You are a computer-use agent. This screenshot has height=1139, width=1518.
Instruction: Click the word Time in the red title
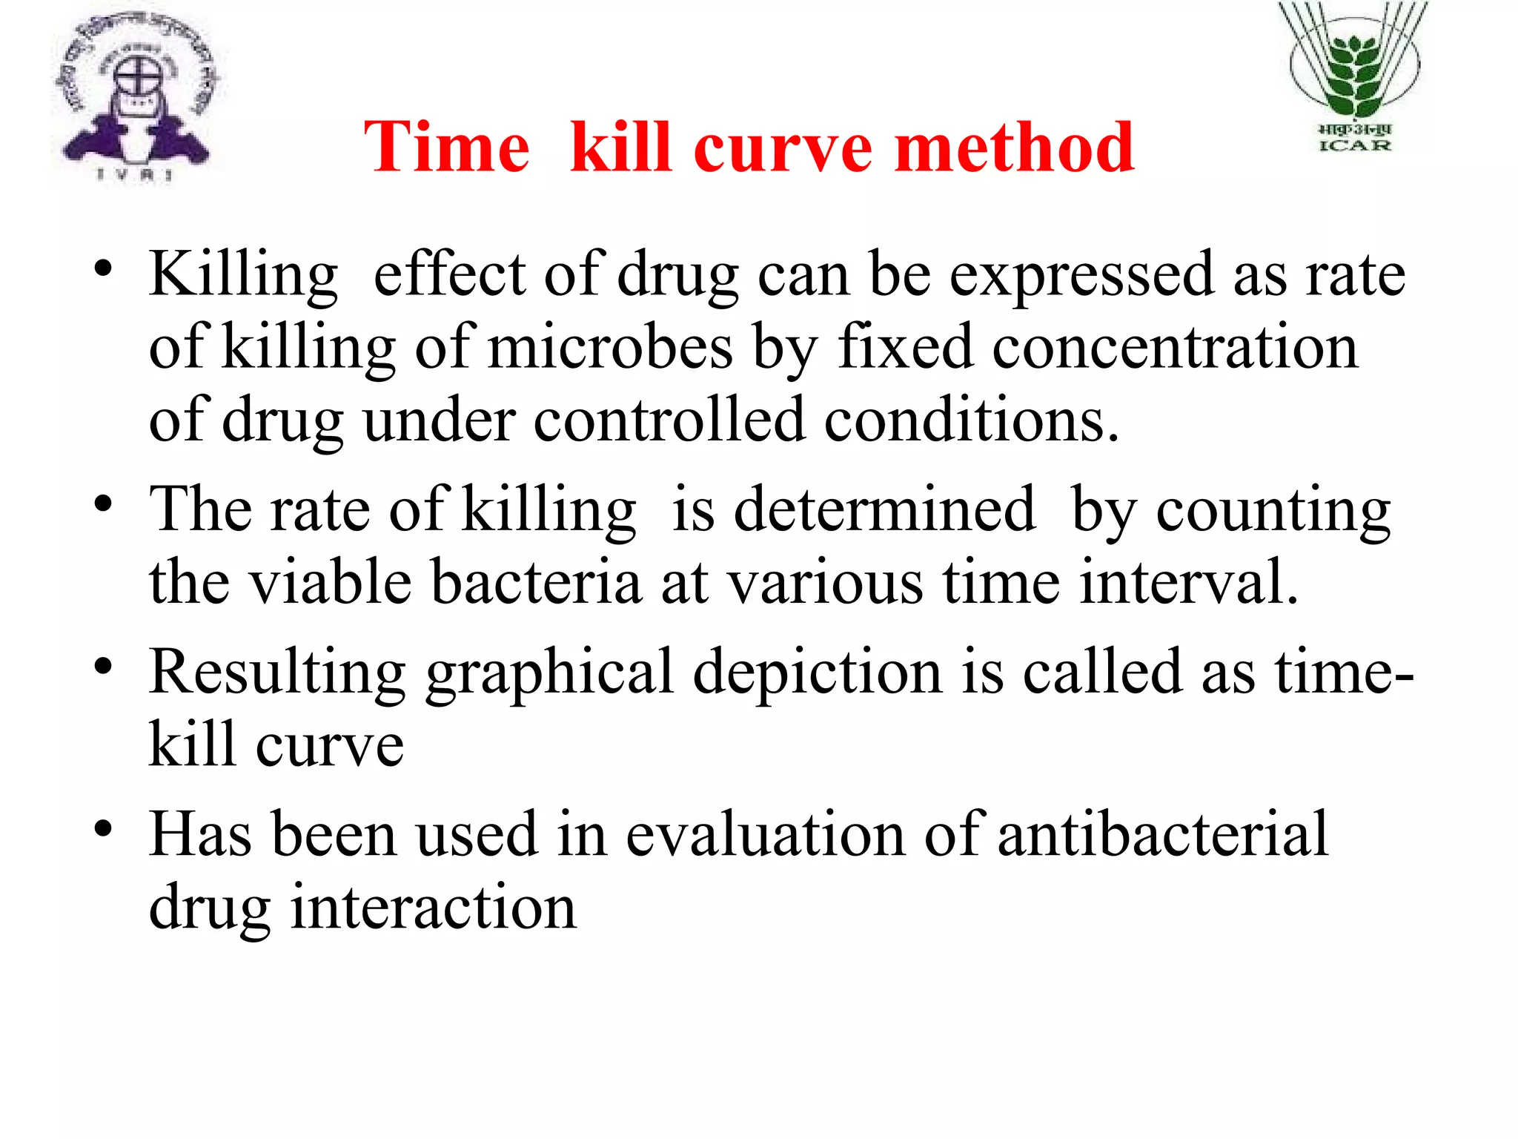447,148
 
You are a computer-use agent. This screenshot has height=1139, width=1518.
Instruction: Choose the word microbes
610,348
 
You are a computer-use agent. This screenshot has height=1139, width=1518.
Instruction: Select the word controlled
669,420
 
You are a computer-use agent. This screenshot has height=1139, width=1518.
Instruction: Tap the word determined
884,509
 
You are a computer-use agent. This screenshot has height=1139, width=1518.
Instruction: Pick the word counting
1273,511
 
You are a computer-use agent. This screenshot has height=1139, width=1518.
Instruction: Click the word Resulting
277,673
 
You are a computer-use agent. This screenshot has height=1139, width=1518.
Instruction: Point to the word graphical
549,673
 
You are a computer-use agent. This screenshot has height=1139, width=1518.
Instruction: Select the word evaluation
765,835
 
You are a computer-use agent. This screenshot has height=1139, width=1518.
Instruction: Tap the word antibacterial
1162,835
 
